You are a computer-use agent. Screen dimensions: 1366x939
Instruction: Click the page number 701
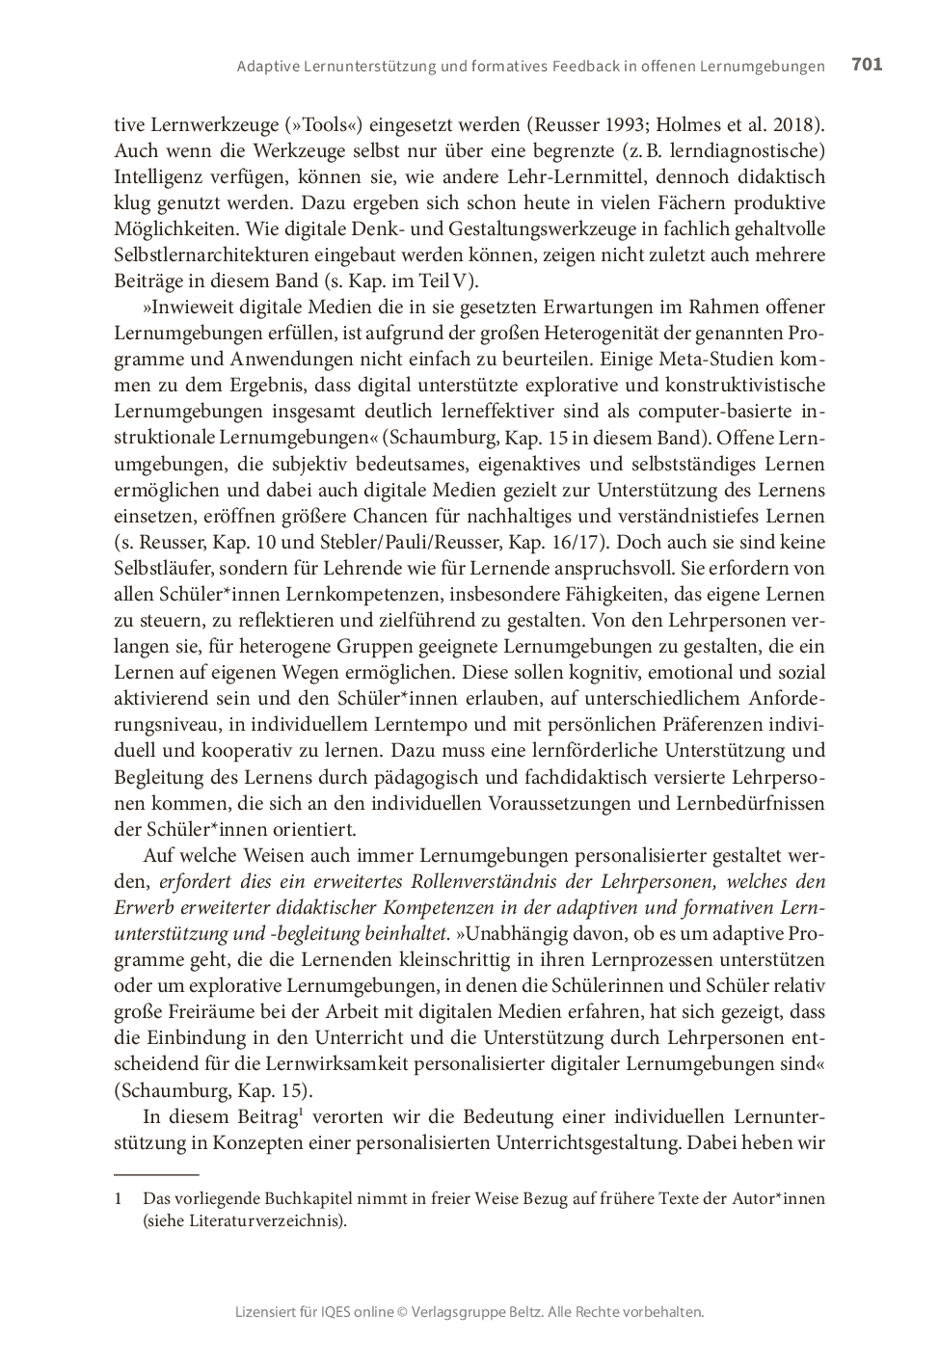click(x=867, y=65)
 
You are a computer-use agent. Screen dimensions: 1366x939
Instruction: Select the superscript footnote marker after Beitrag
click(x=301, y=1112)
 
